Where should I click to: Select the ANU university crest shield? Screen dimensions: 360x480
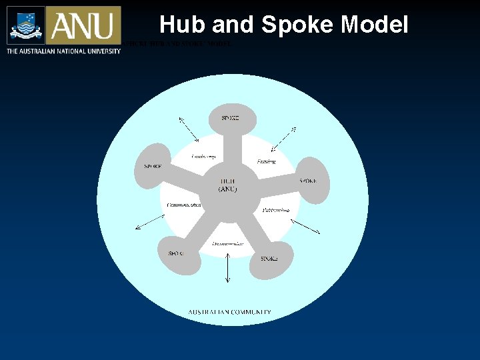click(x=26, y=25)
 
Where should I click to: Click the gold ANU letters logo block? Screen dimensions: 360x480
click(x=83, y=25)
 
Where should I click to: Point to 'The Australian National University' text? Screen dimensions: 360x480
click(x=63, y=51)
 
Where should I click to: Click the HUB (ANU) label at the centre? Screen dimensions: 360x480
click(x=228, y=185)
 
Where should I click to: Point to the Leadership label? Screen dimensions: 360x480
click(x=203, y=157)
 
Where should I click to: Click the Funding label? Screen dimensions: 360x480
click(x=266, y=161)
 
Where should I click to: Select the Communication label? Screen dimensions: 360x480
click(x=183, y=205)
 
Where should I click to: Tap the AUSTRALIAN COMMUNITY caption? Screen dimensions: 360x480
click(x=229, y=312)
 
